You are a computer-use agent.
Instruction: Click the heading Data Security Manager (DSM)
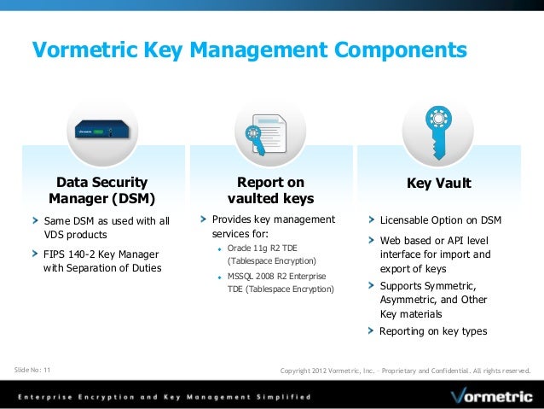[x=101, y=190]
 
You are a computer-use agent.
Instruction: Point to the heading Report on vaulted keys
[x=270, y=190]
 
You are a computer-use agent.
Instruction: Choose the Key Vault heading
[x=439, y=183]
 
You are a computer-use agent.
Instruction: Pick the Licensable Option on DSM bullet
[x=440, y=220]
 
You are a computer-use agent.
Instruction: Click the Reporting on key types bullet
[x=433, y=331]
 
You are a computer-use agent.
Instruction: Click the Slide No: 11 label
[x=33, y=370]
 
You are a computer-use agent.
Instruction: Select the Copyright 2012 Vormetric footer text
[x=405, y=371]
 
